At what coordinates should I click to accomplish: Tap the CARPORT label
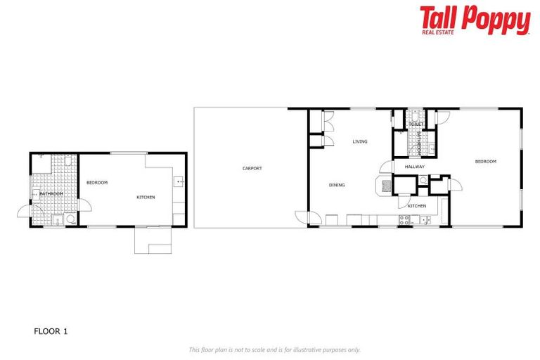point(252,168)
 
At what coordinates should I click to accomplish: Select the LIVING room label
point(360,141)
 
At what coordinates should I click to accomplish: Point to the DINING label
point(337,185)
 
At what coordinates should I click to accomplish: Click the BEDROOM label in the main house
point(485,161)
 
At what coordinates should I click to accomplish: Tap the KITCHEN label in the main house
point(417,205)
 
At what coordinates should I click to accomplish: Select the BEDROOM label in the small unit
point(97,182)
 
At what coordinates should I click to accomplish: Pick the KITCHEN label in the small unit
point(146,197)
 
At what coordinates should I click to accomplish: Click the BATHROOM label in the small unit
point(51,193)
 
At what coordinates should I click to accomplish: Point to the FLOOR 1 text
point(51,330)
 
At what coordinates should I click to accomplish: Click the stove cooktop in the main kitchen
point(405,220)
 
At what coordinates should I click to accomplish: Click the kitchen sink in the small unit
point(179,182)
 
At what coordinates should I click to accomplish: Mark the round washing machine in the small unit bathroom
point(70,219)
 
